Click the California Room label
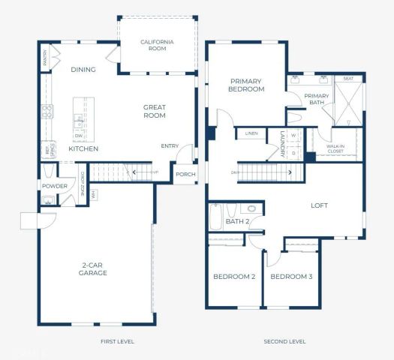157,45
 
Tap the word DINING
83,70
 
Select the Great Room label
155,112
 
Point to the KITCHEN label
83,148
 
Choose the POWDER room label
55,186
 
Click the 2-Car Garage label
95,269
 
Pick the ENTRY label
170,146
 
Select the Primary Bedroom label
247,85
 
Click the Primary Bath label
317,99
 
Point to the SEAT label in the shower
348,78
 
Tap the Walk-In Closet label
335,149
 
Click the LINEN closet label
251,134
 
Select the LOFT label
320,205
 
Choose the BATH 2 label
237,222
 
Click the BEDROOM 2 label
234,277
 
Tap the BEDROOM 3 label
291,277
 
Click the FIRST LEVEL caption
117,342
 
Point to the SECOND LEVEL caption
284,342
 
